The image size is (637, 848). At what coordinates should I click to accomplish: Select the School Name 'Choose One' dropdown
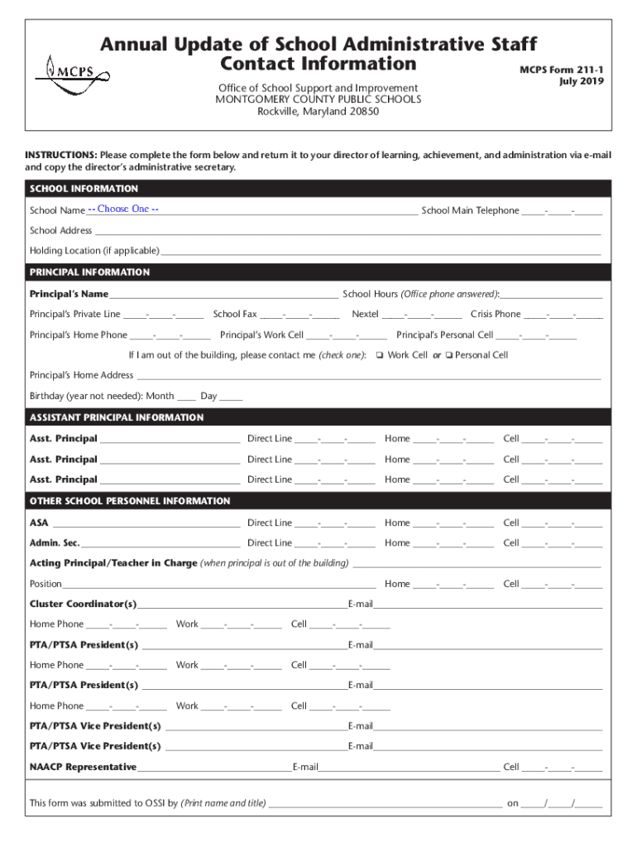coord(124,210)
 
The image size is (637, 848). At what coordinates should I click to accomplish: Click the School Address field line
coord(347,232)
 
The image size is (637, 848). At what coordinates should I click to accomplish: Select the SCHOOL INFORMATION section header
coord(84,189)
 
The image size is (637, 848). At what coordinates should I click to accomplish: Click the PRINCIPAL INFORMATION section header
coord(89,272)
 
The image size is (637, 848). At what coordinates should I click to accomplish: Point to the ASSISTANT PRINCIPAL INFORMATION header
coord(116,417)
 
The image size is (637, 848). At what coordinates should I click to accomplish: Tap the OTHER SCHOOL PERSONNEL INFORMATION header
coord(130,501)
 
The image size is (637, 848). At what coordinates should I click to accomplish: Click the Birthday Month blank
coord(186,397)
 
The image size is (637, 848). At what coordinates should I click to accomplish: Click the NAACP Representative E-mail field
coord(409,768)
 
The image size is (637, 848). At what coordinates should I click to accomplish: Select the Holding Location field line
coord(381,252)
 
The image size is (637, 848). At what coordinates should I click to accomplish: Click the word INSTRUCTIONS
coord(61,155)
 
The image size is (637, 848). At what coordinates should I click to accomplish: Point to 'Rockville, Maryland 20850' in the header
coord(318,112)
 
